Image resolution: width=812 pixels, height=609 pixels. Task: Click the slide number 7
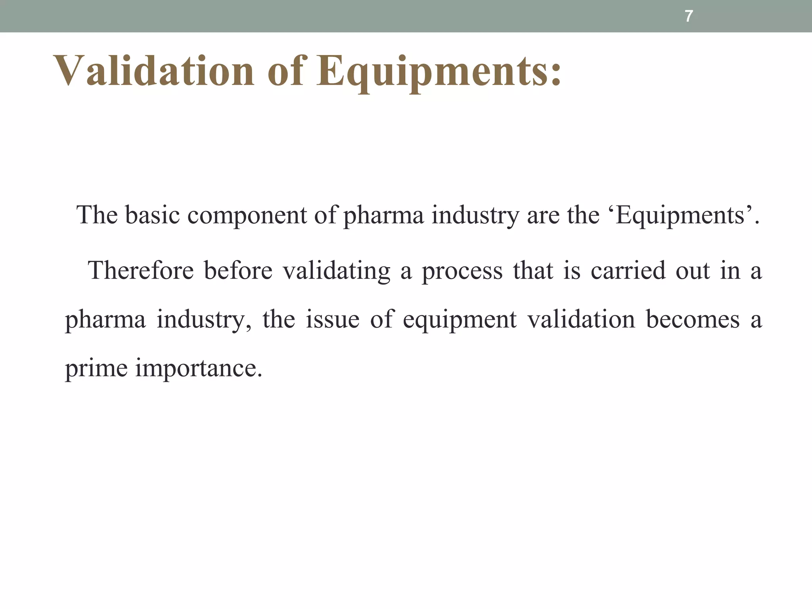click(x=689, y=16)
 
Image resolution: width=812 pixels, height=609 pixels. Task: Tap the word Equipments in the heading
click(x=439, y=71)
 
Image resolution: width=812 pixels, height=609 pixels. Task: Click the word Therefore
click(x=141, y=270)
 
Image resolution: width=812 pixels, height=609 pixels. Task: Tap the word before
click(x=238, y=270)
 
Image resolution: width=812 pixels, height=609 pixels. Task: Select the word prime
click(x=96, y=368)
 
